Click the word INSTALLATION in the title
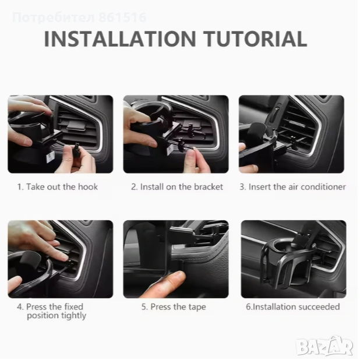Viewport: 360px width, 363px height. tap(120, 39)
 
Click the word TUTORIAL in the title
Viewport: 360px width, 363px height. tap(255, 39)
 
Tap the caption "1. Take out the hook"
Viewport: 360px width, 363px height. tap(58, 187)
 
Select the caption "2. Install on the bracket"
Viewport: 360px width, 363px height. tap(177, 187)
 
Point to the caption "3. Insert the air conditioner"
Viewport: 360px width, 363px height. tap(292, 187)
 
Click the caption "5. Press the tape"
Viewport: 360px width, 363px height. tap(174, 307)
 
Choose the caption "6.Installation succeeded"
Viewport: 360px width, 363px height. tap(293, 307)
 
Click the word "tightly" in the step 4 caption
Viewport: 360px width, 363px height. tap(73, 316)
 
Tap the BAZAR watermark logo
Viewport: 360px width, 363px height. tap(325, 346)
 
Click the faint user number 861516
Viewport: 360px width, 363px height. tap(123, 18)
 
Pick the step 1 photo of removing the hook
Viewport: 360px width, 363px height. tap(61, 134)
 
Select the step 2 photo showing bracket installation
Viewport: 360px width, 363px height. tap(176, 134)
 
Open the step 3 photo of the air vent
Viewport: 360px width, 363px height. tap(291, 134)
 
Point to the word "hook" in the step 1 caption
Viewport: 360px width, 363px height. tap(88, 187)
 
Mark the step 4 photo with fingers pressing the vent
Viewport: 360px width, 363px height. tap(61, 259)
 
